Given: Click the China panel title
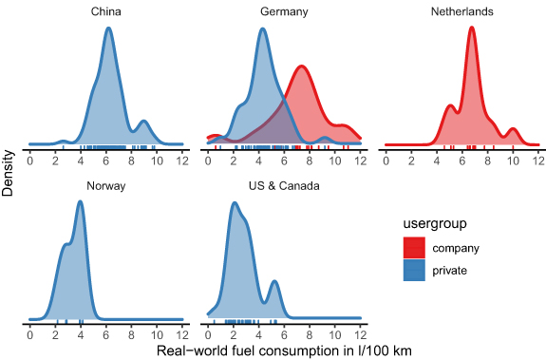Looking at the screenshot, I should [x=105, y=10].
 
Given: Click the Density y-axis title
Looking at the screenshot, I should [x=9, y=171].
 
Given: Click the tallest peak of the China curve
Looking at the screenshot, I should [x=108, y=28].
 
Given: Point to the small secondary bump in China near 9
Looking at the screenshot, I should [x=143, y=122].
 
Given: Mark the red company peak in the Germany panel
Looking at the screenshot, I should [x=301, y=66].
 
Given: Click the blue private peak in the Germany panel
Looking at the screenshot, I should [x=262, y=28].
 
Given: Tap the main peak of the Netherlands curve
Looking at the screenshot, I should [x=472, y=28].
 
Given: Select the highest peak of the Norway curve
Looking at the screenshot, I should [x=81, y=202].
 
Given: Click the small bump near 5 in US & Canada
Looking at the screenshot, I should [x=274, y=281].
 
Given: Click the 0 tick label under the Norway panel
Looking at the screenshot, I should [x=30, y=338].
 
